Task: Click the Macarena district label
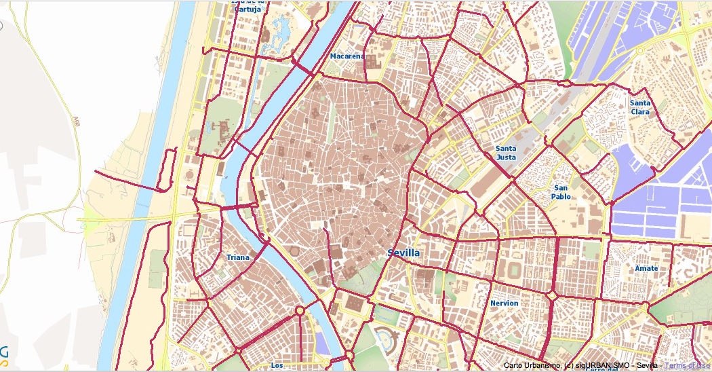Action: click(x=347, y=56)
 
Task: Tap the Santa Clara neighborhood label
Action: click(x=640, y=107)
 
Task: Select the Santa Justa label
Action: click(x=506, y=153)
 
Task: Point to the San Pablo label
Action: click(x=561, y=192)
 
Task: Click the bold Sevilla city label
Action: click(x=403, y=253)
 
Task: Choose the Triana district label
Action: click(x=238, y=257)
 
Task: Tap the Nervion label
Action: click(x=504, y=303)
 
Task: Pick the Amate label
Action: click(x=646, y=268)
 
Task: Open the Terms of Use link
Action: click(x=688, y=365)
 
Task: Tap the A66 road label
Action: click(x=76, y=119)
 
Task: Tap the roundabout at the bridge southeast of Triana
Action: click(x=299, y=312)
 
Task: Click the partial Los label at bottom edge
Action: click(x=277, y=365)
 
